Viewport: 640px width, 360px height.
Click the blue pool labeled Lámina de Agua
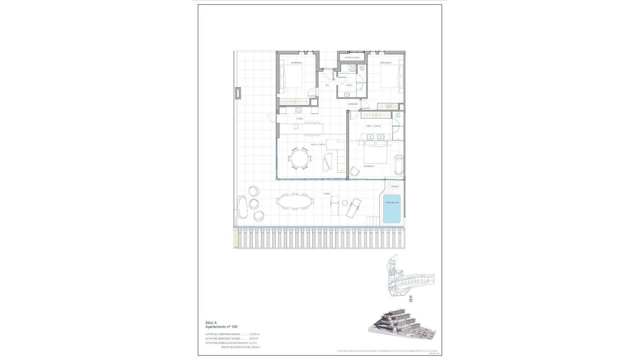(x=392, y=209)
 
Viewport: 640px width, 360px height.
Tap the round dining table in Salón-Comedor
(x=300, y=159)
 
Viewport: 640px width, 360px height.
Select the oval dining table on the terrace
(x=295, y=201)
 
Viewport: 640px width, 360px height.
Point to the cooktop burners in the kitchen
(x=299, y=110)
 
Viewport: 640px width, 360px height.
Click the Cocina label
(x=300, y=119)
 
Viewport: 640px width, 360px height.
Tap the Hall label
(x=327, y=85)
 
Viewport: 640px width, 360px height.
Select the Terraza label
(x=327, y=194)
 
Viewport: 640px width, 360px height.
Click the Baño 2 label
(x=349, y=85)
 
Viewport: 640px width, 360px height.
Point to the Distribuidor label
(x=353, y=104)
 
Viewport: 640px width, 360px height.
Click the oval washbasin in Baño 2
(x=348, y=95)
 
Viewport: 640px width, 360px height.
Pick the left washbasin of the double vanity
(x=370, y=136)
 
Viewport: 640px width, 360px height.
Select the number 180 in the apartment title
(x=234, y=327)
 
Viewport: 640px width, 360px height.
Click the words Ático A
(x=211, y=323)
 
